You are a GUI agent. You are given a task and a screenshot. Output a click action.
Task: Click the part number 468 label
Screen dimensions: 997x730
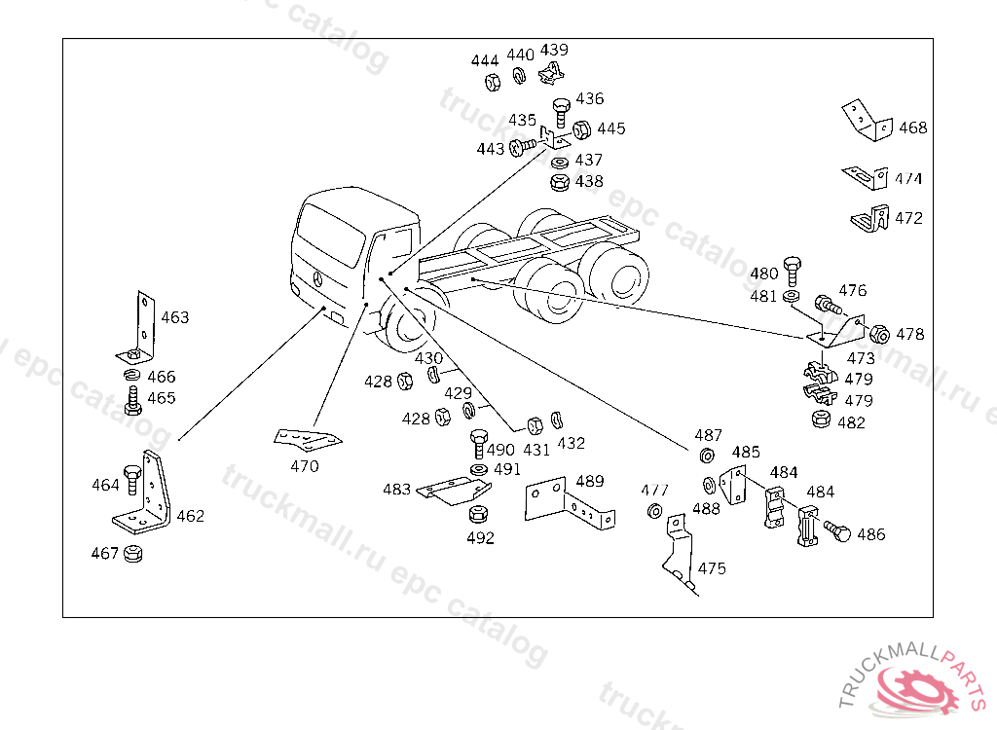click(x=912, y=128)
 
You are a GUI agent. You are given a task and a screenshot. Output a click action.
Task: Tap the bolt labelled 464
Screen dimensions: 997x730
click(x=132, y=480)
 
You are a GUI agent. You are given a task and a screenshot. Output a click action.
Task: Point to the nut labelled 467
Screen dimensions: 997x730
click(x=132, y=553)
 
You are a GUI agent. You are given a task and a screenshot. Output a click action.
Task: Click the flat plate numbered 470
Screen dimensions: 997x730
click(x=307, y=437)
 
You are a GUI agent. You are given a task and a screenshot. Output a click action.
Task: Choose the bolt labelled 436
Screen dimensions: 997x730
click(x=561, y=113)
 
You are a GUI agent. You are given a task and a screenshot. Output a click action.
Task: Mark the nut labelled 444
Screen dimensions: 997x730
click(x=493, y=82)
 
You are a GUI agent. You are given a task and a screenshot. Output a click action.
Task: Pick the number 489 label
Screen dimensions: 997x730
click(x=589, y=481)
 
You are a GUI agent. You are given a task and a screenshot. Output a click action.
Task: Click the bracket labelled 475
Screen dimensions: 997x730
click(x=679, y=553)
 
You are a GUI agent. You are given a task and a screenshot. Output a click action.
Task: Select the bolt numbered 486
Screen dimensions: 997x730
click(x=837, y=531)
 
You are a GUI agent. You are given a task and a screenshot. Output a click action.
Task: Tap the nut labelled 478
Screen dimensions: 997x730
click(x=879, y=334)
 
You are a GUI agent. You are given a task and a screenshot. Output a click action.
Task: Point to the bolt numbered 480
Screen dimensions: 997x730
click(x=793, y=272)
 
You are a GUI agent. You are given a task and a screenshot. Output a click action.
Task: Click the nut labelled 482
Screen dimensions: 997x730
click(x=822, y=420)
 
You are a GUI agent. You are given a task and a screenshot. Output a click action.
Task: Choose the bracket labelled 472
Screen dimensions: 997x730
click(x=870, y=218)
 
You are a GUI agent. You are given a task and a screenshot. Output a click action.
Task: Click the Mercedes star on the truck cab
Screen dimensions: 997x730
click(x=318, y=278)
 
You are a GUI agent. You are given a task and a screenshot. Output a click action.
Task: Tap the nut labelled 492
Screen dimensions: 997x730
click(x=478, y=514)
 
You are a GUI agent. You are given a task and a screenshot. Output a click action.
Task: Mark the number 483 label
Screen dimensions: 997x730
click(x=396, y=489)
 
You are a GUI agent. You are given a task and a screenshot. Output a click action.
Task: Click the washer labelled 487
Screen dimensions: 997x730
click(x=707, y=456)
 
